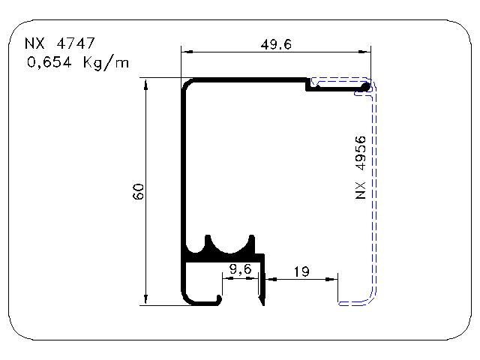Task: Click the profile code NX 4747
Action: (x=60, y=43)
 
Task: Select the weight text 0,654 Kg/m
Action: (x=78, y=63)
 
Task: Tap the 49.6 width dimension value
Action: (x=276, y=45)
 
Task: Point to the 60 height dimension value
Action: (x=138, y=192)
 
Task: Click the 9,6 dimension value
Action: (x=241, y=269)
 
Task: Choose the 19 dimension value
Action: (x=301, y=271)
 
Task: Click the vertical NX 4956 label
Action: (x=361, y=167)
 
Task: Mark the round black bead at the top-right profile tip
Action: (x=365, y=87)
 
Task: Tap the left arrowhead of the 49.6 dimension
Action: (x=187, y=52)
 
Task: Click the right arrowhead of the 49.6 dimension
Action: (x=364, y=52)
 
